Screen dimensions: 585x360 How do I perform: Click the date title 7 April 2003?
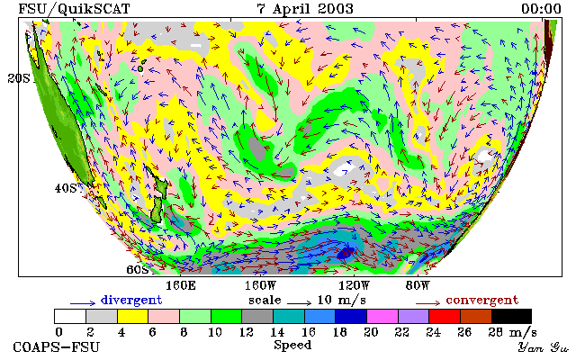305,9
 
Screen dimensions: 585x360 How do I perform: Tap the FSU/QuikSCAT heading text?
74,9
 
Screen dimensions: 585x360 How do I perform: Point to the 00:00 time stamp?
541,9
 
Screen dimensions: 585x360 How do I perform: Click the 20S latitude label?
19,78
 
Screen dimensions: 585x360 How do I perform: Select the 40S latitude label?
66,188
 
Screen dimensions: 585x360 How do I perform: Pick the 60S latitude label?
138,269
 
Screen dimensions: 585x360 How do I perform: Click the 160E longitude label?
181,285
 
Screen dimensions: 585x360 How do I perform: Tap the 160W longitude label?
260,285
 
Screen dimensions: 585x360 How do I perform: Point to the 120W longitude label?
354,285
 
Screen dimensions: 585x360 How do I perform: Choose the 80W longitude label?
418,285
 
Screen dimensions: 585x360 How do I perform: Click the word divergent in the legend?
131,300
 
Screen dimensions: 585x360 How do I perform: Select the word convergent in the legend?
482,300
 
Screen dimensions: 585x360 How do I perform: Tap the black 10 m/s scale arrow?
299,302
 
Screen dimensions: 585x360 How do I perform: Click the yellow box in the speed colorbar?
133,316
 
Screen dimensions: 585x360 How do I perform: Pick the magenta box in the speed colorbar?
382,316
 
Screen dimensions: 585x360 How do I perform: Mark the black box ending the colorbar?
511,316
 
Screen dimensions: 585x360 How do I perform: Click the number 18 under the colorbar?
339,331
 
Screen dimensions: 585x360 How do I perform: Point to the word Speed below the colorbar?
292,345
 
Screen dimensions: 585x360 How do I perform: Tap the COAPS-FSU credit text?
57,346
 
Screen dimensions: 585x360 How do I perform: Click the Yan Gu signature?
543,347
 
